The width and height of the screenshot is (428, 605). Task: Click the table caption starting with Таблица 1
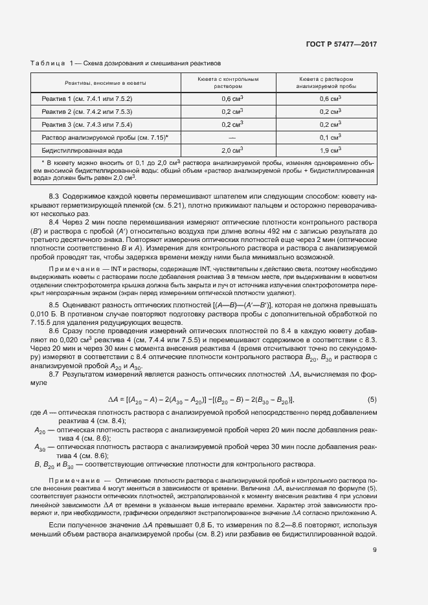(x=126, y=63)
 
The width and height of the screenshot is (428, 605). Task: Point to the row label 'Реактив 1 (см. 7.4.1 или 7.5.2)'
(x=87, y=98)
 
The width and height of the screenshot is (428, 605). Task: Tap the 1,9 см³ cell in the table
(x=330, y=150)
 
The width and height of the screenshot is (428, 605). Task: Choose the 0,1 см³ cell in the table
(x=330, y=137)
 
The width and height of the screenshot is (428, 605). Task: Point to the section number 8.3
(x=54, y=195)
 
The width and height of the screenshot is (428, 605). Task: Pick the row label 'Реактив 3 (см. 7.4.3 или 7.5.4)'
(x=87, y=124)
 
